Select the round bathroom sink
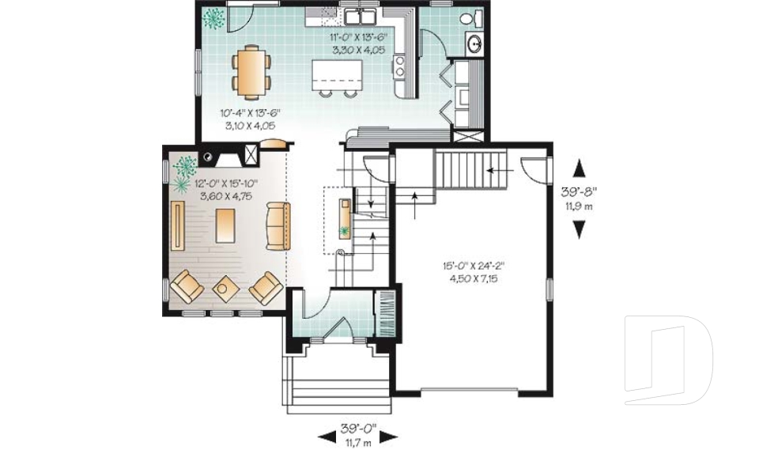pos(474,44)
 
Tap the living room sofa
pos(278,226)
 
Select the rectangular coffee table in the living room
pos(225,226)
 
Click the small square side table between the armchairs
pos(225,289)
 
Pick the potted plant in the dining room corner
pos(213,17)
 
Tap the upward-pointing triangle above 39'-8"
pos(580,168)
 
